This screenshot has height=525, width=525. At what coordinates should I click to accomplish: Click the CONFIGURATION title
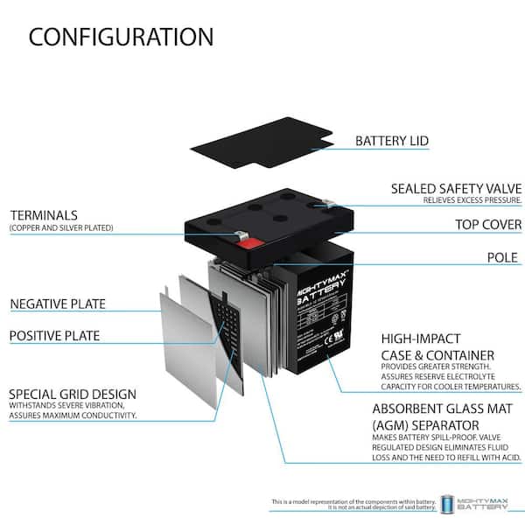121,37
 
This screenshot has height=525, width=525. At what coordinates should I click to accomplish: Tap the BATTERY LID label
391,140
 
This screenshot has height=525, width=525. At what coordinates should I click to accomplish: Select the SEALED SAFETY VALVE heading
456,189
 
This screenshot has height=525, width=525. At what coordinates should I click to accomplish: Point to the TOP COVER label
488,224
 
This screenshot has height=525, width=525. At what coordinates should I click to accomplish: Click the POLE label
504,257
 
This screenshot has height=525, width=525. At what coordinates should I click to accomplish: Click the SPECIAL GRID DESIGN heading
72,394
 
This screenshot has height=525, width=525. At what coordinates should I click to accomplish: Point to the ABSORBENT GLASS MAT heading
445,409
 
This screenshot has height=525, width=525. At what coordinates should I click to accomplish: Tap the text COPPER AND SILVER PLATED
61,228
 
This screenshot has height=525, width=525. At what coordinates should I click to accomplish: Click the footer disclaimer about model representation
353,504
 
